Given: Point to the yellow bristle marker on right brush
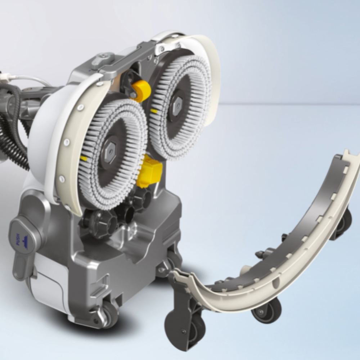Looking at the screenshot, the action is [154, 111].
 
